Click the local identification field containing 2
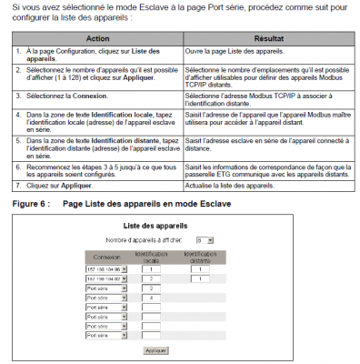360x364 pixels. pos(151,253)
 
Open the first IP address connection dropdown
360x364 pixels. pos(107,243)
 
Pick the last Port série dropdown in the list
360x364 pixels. pos(107,335)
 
